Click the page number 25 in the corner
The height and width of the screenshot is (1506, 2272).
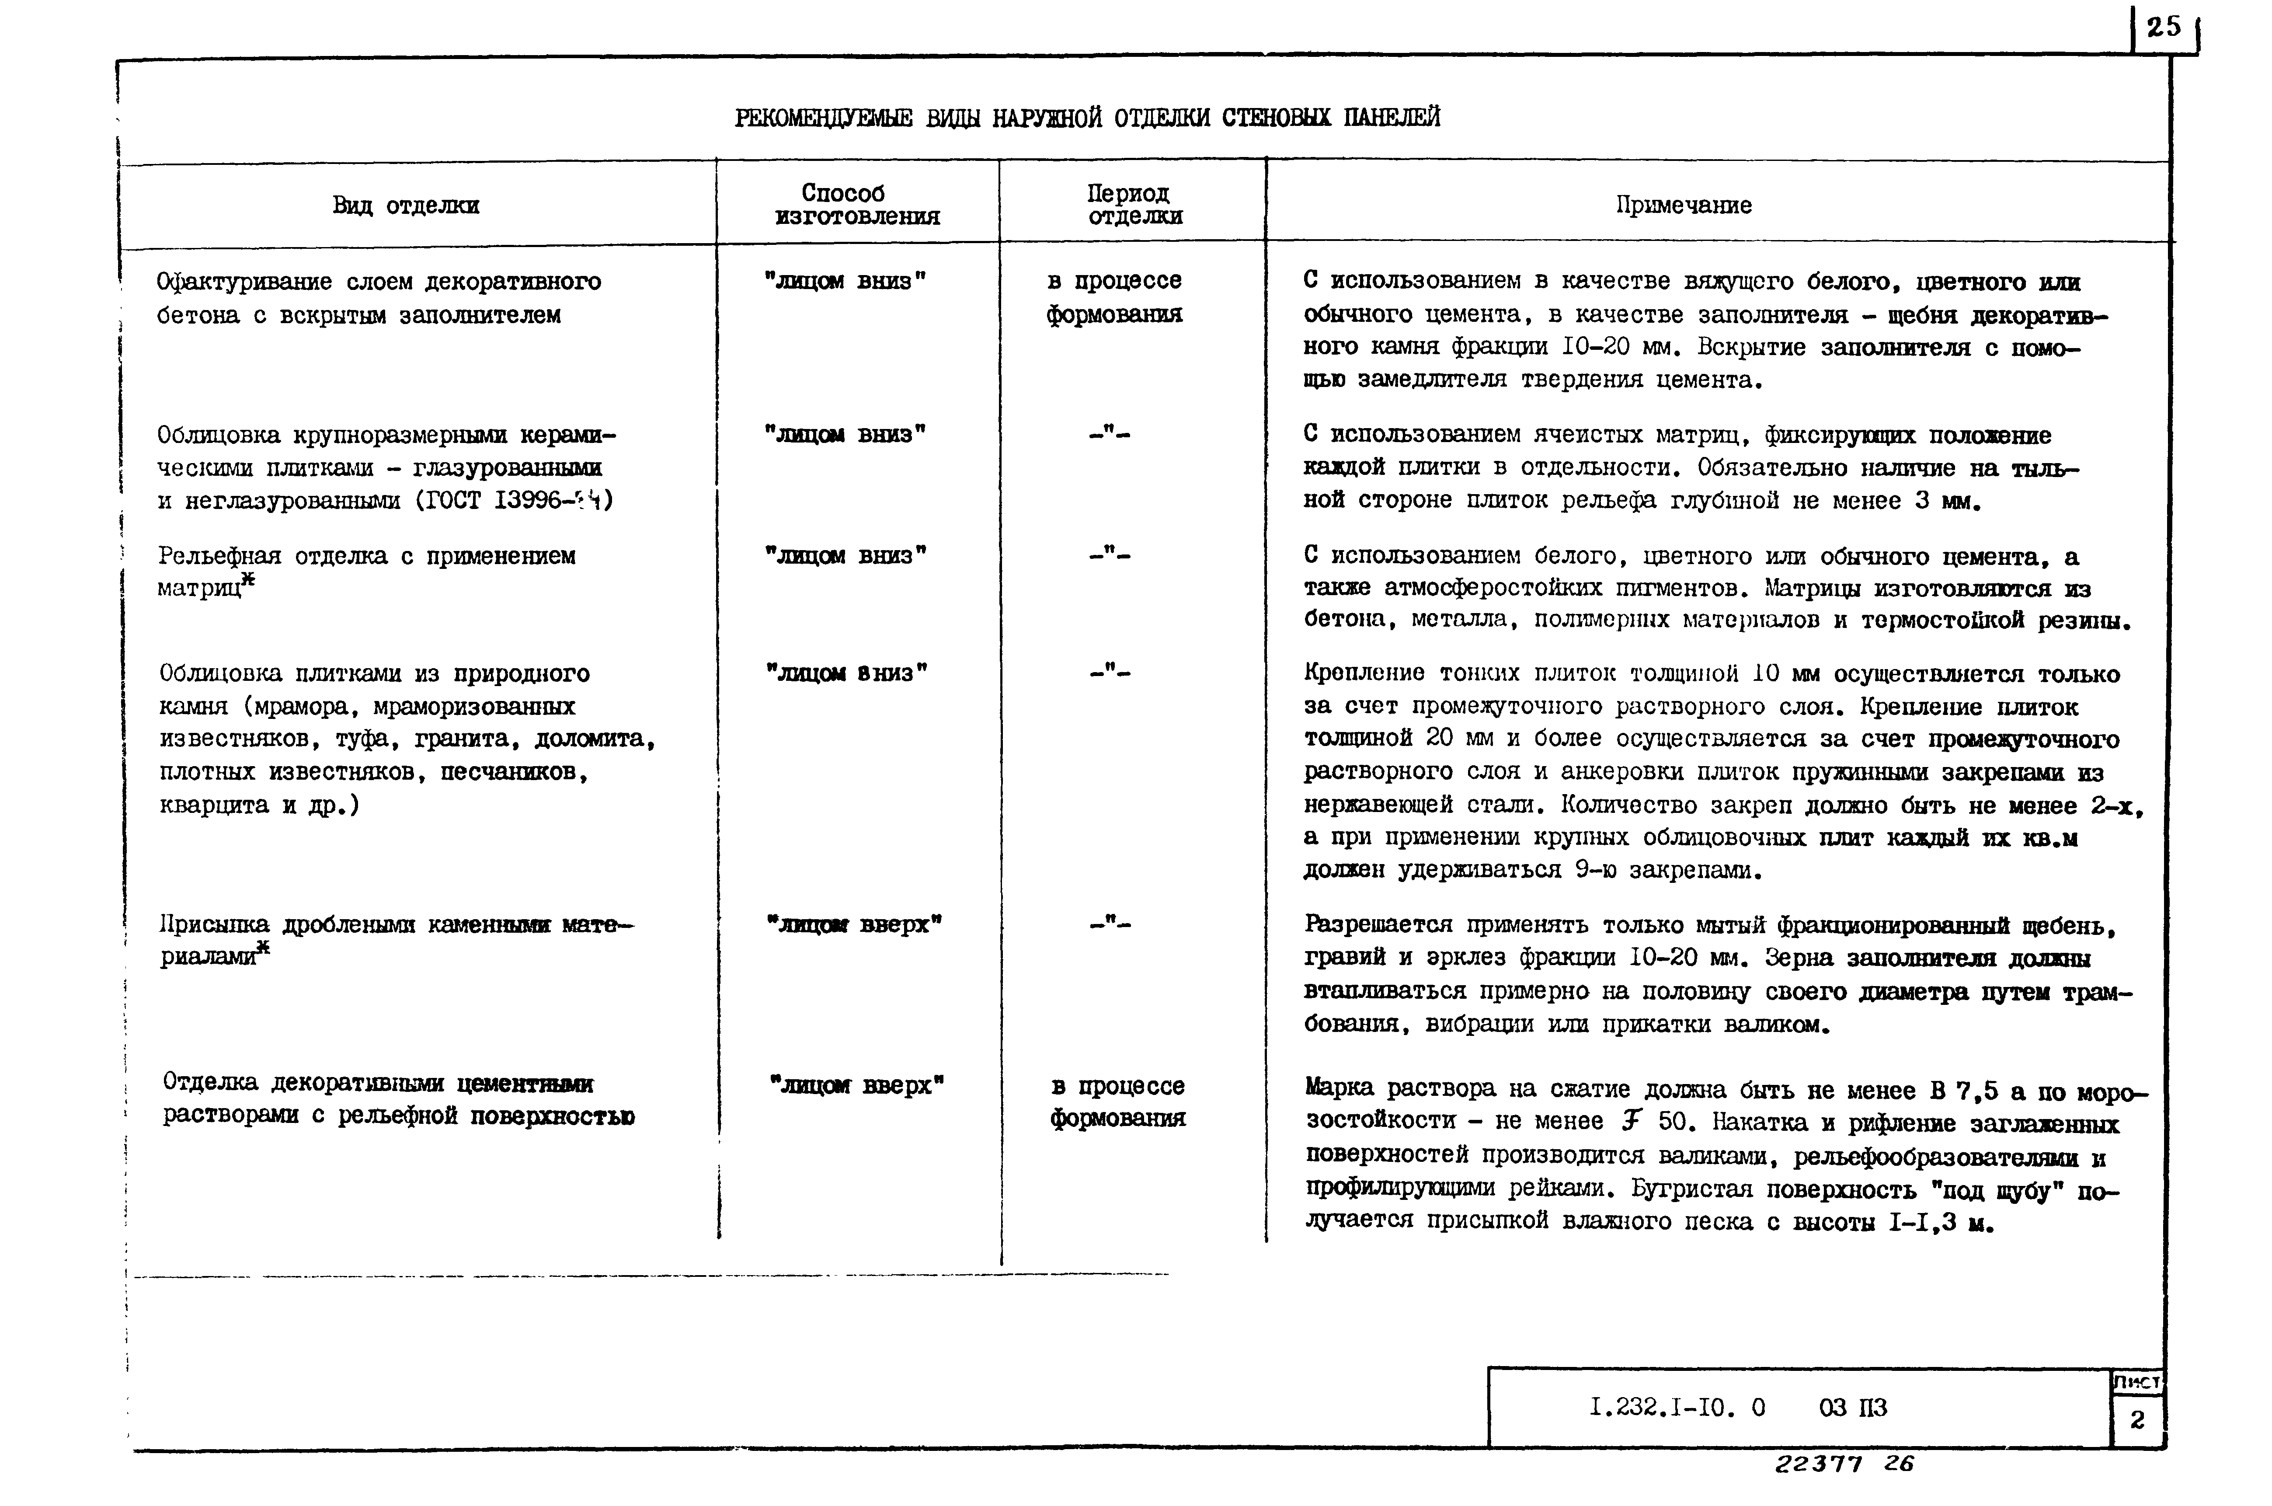point(2164,27)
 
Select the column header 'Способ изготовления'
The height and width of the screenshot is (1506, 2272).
point(856,205)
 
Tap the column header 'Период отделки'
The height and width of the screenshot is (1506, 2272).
point(1133,205)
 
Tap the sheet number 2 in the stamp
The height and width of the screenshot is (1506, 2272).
point(2136,1419)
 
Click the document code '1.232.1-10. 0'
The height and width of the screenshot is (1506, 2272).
point(1676,1407)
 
